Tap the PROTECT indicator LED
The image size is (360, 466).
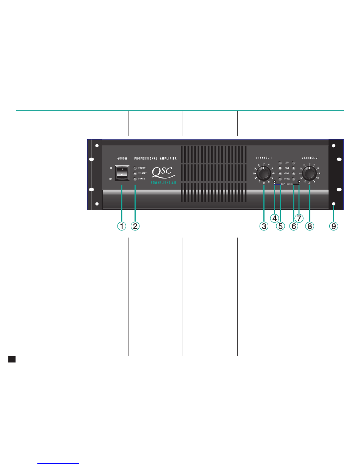pos(135,168)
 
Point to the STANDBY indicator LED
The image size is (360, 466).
pos(135,173)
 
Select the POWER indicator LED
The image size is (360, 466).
pos(135,178)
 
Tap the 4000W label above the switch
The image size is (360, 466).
pos(122,158)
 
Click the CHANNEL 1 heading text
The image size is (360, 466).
pos(264,157)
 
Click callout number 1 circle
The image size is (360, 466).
pos(122,226)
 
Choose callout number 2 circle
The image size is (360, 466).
pos(135,226)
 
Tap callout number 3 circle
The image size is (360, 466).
pos(264,226)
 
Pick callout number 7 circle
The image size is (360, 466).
pos(299,218)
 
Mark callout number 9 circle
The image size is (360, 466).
pos(334,226)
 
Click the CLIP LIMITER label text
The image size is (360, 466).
pos(286,184)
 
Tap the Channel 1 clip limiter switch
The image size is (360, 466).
pos(275,182)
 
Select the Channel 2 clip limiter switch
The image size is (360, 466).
pos(299,182)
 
